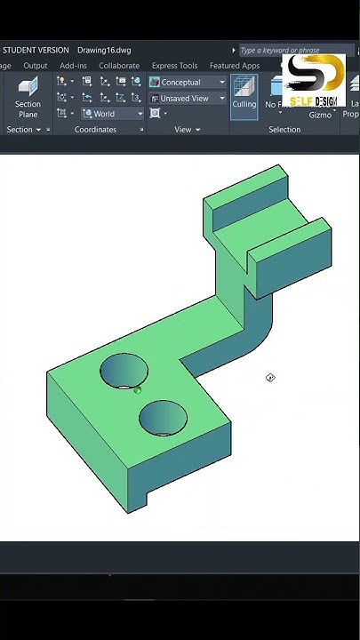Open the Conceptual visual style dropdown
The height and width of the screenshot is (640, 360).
(x=187, y=83)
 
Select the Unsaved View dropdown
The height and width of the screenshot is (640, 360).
(x=187, y=99)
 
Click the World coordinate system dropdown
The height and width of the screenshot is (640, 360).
(x=112, y=114)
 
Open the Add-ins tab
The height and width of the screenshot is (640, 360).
(x=73, y=66)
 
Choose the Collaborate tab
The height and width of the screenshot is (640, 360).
(x=119, y=66)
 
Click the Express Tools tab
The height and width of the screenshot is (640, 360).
(x=174, y=66)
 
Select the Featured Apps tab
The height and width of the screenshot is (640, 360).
(x=235, y=66)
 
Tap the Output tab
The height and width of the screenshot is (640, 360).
(x=36, y=66)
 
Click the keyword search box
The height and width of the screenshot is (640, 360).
(x=293, y=51)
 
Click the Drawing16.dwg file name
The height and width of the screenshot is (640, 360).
(x=103, y=51)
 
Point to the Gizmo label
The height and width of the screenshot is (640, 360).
(x=320, y=115)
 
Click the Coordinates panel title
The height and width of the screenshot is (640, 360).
(x=95, y=130)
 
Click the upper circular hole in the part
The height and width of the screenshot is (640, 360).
(x=124, y=371)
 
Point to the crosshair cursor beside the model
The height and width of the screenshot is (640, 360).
(x=270, y=378)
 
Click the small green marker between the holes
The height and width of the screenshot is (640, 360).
(x=138, y=389)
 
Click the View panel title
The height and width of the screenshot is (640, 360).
(x=182, y=130)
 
